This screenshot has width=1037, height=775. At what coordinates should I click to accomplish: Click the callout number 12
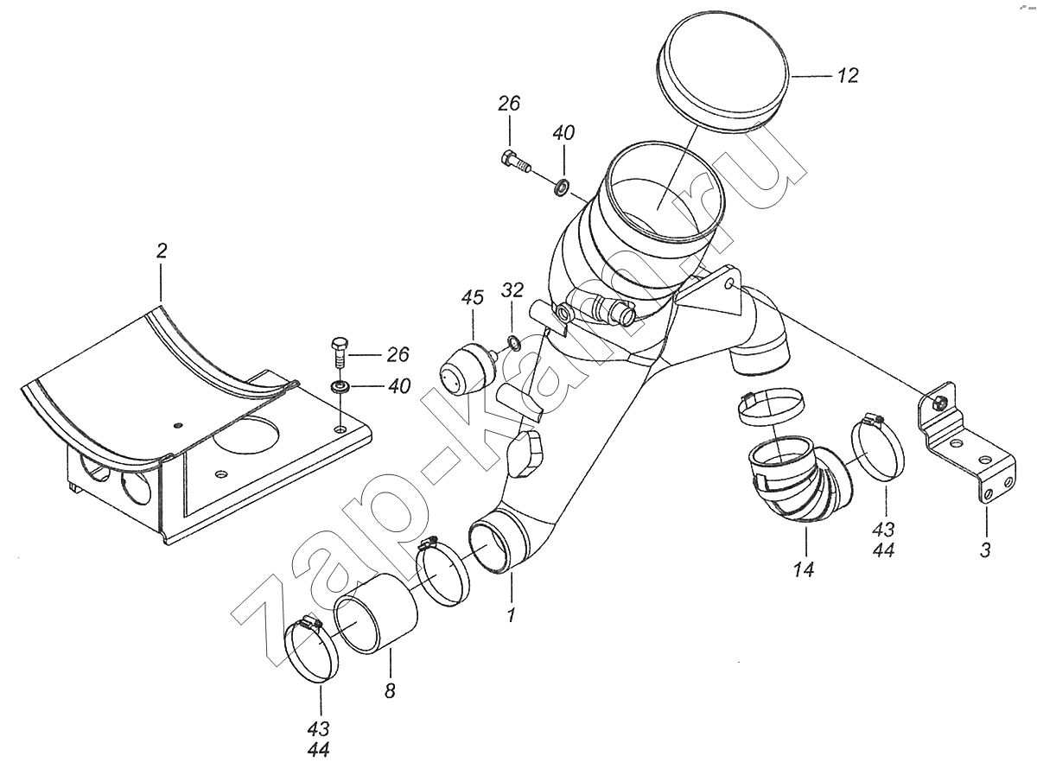(x=848, y=76)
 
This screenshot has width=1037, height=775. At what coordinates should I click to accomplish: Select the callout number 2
(x=162, y=251)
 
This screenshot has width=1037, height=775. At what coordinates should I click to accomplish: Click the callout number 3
(x=985, y=549)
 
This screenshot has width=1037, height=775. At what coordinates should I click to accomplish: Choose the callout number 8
(x=390, y=690)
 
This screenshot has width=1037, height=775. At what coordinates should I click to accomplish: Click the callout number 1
(x=511, y=616)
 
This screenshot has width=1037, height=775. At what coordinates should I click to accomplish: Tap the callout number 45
(x=472, y=299)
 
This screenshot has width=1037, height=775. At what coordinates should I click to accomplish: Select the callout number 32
(x=512, y=289)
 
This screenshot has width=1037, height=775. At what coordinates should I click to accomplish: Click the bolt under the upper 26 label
(x=515, y=162)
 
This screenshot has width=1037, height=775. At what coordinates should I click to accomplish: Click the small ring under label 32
(x=513, y=345)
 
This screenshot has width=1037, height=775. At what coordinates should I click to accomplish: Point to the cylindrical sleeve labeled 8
(x=376, y=620)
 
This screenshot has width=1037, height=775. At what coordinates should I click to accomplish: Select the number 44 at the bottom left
(x=319, y=751)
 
